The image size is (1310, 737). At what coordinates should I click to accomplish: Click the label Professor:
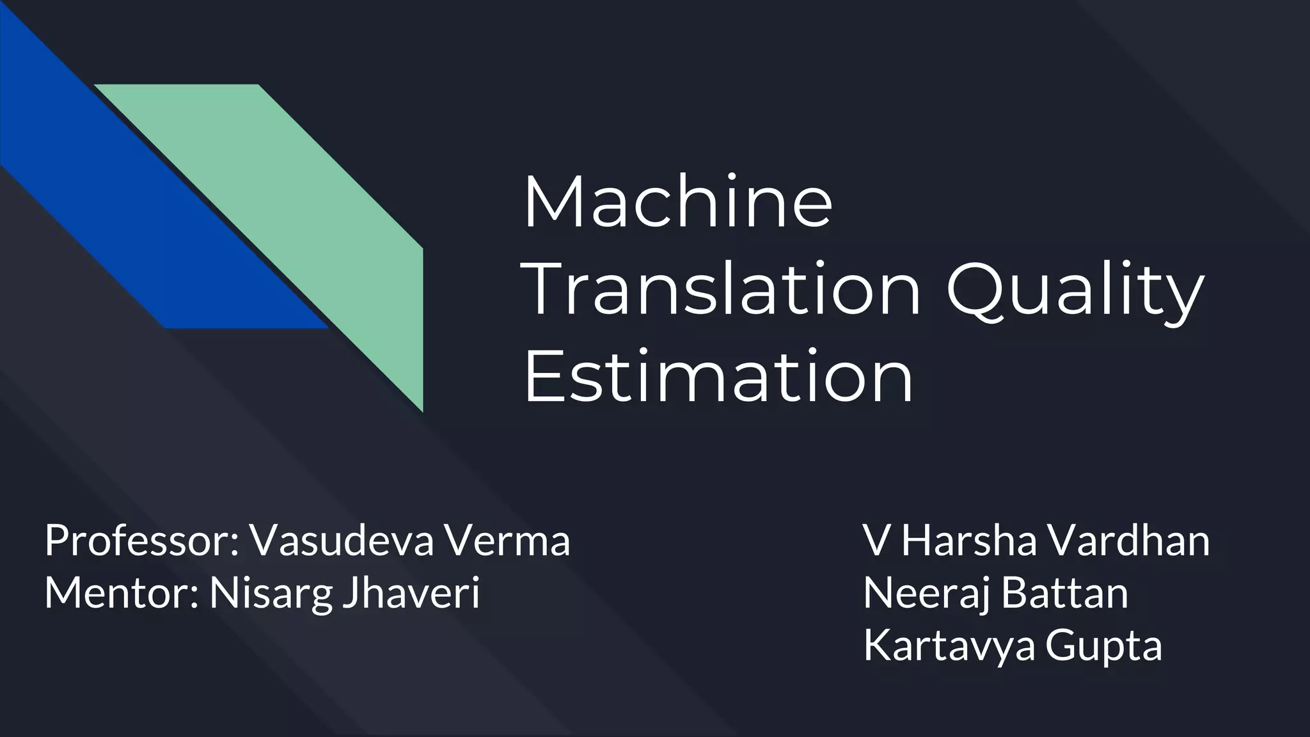[x=141, y=541]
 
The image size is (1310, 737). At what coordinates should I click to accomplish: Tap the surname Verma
[x=507, y=541]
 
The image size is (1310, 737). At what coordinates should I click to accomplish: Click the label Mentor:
[x=122, y=593]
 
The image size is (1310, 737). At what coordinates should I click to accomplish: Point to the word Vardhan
[x=1128, y=541]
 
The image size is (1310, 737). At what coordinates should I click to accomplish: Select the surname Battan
[x=1064, y=593]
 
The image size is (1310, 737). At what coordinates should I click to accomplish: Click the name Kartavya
[x=949, y=647]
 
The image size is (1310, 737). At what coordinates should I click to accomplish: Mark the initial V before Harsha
[x=875, y=541]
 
